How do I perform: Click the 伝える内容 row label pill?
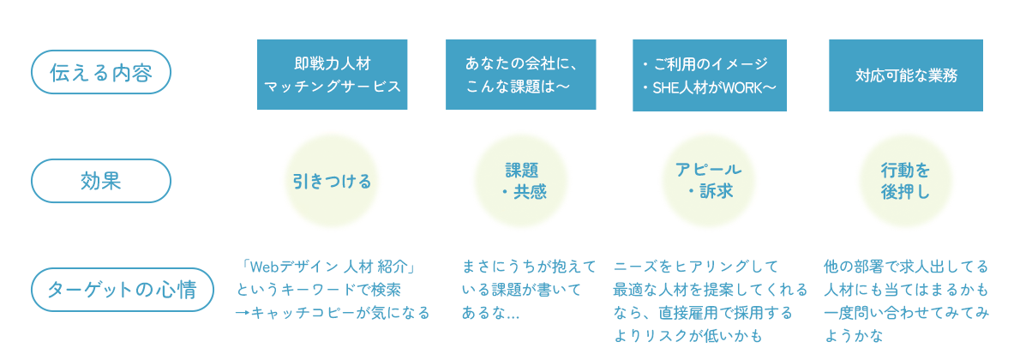click(x=101, y=72)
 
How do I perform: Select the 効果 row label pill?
click(x=101, y=180)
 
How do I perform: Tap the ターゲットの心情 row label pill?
click(x=123, y=290)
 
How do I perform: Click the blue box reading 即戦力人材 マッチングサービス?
click(x=333, y=75)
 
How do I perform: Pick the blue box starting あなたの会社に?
click(x=522, y=75)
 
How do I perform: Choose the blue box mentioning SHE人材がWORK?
click(x=710, y=75)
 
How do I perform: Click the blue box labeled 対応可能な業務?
click(x=905, y=75)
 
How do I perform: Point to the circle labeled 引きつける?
click(x=332, y=181)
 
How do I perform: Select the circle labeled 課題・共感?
click(x=521, y=181)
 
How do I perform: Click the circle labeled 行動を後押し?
click(x=905, y=181)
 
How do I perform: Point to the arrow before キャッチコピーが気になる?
click(x=242, y=313)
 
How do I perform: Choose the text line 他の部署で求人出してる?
click(x=905, y=267)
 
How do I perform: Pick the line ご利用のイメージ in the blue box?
click(x=705, y=63)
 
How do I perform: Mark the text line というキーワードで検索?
click(x=319, y=290)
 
